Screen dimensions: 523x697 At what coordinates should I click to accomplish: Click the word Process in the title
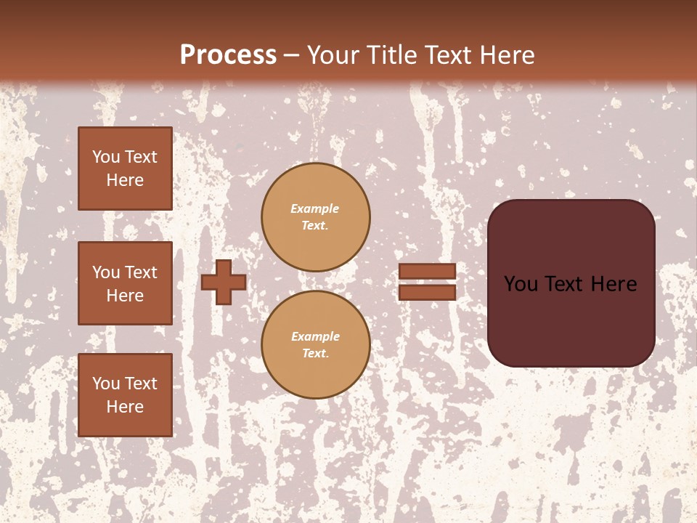228,55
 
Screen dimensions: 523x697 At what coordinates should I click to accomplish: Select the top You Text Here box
125,169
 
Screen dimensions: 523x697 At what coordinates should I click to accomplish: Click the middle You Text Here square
125,283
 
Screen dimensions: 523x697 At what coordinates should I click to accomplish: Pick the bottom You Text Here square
125,395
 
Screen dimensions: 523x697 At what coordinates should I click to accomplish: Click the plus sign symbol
223,282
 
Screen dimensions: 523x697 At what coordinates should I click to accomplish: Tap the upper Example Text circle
315,217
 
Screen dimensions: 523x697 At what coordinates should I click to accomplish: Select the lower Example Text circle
315,345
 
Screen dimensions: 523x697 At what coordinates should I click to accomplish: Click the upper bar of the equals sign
427,271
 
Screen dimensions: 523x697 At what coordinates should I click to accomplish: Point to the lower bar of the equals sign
427,292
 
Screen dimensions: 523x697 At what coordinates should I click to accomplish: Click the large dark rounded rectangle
571,320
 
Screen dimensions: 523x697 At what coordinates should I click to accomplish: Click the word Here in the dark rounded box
613,284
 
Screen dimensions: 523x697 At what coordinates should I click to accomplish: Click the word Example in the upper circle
315,208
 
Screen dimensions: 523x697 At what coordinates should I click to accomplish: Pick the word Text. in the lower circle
315,354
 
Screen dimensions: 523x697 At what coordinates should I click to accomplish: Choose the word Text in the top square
140,157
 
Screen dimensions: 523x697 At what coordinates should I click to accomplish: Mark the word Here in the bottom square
125,407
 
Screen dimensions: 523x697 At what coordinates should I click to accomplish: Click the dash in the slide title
292,55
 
